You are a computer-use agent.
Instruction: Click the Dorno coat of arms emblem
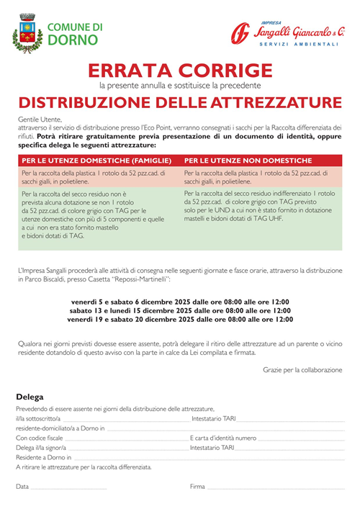[28, 34]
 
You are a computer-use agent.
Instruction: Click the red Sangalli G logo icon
[240, 33]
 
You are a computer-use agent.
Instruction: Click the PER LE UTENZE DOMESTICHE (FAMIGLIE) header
[96, 161]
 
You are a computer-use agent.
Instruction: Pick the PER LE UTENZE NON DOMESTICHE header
[248, 161]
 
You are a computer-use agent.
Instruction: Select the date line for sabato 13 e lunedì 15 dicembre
[180, 310]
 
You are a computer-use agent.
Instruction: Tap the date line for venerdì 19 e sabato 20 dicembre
[180, 318]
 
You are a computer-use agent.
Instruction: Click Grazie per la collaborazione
[302, 369]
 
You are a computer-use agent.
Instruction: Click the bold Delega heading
[30, 397]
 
